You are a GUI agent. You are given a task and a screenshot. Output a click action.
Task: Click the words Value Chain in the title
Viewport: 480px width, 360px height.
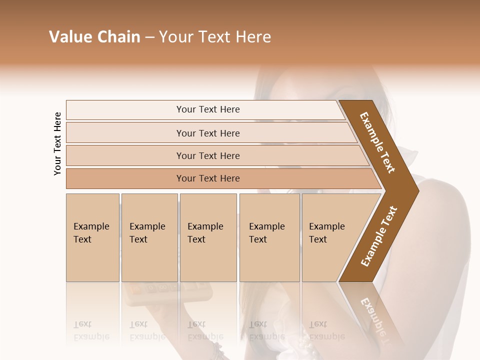[x=94, y=37]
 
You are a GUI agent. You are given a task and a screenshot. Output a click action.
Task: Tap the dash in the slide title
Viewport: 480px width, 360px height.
[x=149, y=37]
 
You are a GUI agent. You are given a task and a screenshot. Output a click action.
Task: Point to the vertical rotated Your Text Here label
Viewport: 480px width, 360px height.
[x=57, y=143]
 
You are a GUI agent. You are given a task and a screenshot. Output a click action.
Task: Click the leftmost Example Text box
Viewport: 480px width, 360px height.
[x=92, y=237]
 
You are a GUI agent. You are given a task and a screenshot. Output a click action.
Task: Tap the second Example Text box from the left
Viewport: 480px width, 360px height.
[x=149, y=237]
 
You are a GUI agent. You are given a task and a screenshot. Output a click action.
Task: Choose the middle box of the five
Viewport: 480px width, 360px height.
[x=208, y=237]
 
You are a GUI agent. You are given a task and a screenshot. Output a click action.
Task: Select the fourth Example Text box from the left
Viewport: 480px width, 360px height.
[x=269, y=237]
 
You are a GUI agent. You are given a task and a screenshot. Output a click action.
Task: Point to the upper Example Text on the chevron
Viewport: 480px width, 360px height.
[x=377, y=143]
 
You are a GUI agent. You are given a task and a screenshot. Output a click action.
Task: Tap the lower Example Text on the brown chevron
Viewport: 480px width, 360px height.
[x=379, y=236]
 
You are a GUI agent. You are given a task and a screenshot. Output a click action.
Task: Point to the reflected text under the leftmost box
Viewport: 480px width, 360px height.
[x=91, y=330]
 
